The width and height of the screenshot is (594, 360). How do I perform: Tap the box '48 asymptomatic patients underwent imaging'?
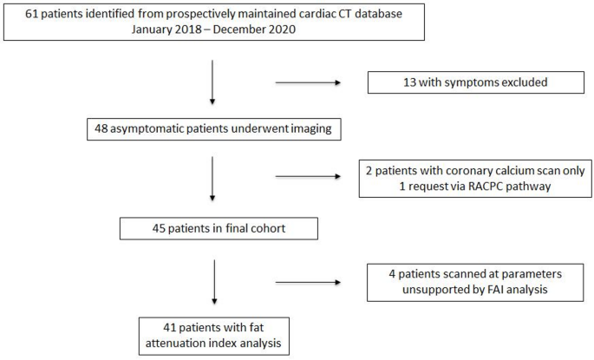coord(213,128)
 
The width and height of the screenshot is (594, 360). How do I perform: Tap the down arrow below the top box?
coord(212,82)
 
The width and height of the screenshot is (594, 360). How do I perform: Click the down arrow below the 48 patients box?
coord(212,180)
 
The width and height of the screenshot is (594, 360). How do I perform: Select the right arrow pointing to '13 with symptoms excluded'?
coord(308,84)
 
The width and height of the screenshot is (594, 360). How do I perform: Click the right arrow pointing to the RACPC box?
coord(308,177)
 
